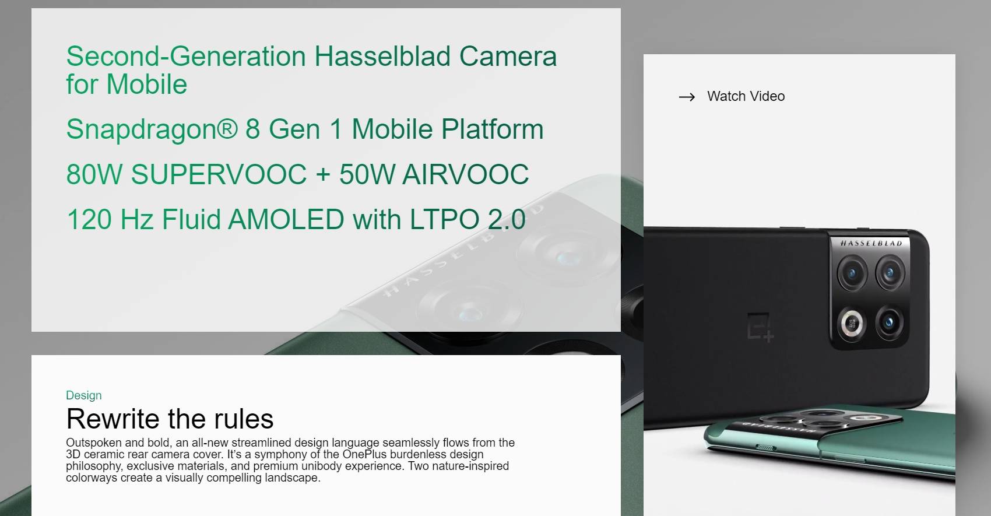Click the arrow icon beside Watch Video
[x=687, y=97]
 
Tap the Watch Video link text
[x=746, y=96]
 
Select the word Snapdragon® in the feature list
[x=152, y=129]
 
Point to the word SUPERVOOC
[x=219, y=174]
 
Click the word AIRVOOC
[x=465, y=174]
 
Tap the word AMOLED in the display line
[x=286, y=219]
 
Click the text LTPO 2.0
[x=468, y=219]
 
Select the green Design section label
[x=83, y=395]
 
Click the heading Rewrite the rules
[x=170, y=419]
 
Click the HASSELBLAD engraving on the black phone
[x=871, y=243]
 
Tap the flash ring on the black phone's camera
[x=852, y=324]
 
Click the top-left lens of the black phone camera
[x=852, y=273]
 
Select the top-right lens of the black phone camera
[x=890, y=273]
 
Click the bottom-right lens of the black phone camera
[x=889, y=322]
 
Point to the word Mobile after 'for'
[x=146, y=84]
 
